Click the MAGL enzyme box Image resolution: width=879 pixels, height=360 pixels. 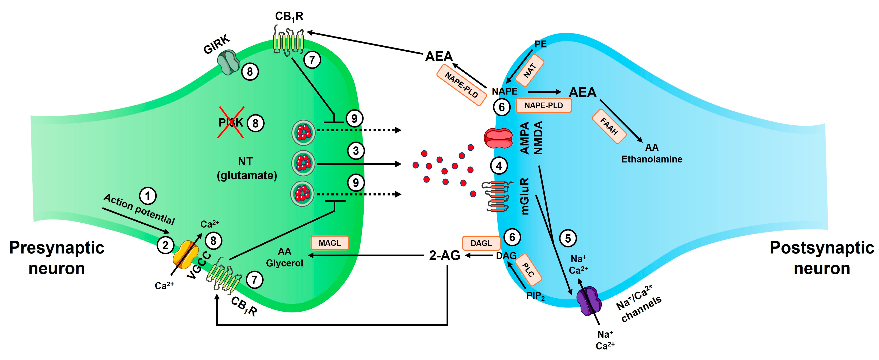click(330, 243)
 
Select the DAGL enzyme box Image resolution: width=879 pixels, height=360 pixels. click(481, 243)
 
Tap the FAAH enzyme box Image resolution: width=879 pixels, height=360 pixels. click(609, 126)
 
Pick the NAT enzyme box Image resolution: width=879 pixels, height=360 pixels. click(530, 70)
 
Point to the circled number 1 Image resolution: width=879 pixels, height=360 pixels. click(148, 196)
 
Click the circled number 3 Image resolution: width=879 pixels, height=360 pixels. click(356, 151)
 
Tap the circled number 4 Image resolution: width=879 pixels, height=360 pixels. click(499, 166)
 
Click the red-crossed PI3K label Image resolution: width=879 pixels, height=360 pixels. click(231, 122)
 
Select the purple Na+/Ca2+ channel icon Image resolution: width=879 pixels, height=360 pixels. click(589, 301)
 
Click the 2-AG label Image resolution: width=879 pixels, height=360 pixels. click(444, 255)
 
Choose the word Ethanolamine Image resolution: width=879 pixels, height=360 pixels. click(652, 159)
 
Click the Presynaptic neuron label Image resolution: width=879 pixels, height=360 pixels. click(57, 258)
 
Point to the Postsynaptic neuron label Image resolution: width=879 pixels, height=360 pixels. click(822, 258)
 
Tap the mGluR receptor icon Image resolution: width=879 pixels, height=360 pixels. click(496, 196)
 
